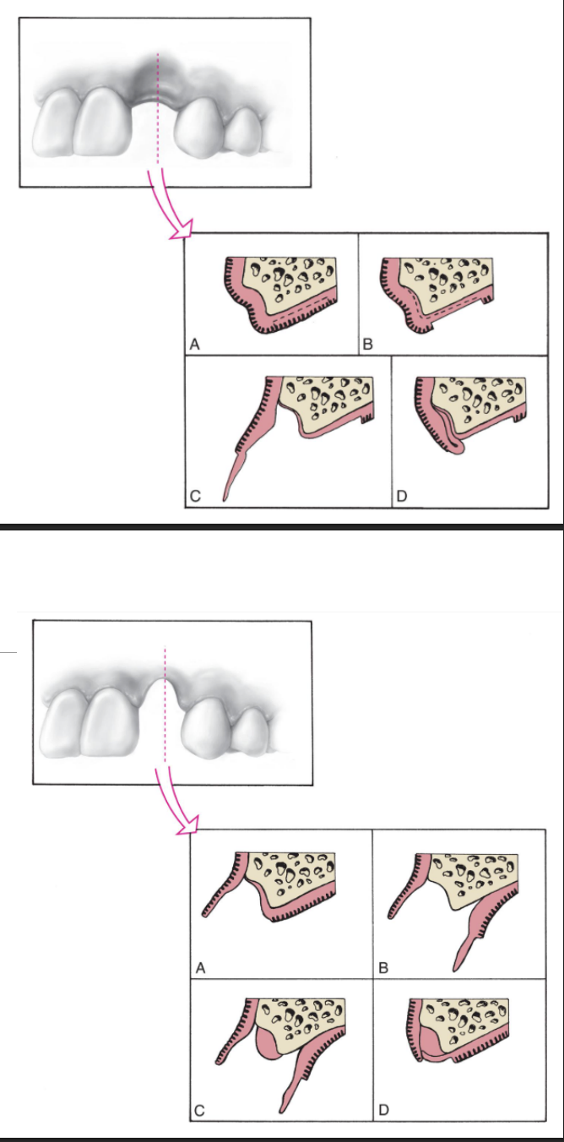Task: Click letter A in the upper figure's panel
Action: (195, 345)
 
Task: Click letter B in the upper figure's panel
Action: (367, 345)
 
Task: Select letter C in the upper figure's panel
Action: (195, 498)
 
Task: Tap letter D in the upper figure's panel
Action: (402, 498)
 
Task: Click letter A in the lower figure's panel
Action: (201, 968)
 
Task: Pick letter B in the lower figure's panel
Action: (384, 968)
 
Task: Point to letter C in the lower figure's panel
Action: (201, 1112)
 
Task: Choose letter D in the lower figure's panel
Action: (384, 1112)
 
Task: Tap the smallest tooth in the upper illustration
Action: (245, 131)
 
